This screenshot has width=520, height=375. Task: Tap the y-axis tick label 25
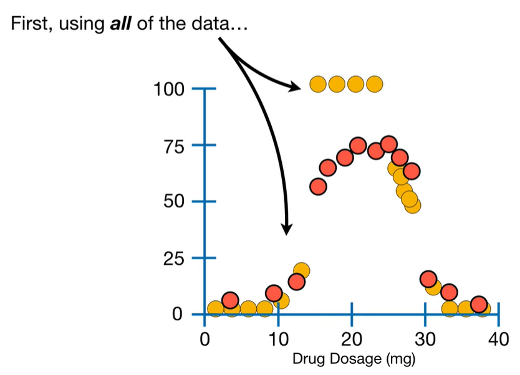(x=175, y=258)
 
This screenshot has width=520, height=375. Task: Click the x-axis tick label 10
(x=278, y=340)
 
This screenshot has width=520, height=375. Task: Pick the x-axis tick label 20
(x=352, y=340)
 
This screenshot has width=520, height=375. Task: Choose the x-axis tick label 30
(x=425, y=340)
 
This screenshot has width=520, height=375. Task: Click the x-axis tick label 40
(x=498, y=340)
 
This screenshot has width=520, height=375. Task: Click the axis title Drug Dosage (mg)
(x=354, y=359)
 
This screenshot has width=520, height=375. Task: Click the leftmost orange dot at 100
(x=318, y=83)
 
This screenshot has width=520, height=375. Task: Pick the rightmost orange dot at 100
(x=374, y=83)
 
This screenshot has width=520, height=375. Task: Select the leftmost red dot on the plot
(x=230, y=300)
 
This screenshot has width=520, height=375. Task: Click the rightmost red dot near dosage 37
(x=479, y=304)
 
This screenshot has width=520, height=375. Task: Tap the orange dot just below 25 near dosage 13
(x=302, y=270)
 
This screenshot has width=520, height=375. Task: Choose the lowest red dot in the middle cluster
(x=318, y=186)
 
